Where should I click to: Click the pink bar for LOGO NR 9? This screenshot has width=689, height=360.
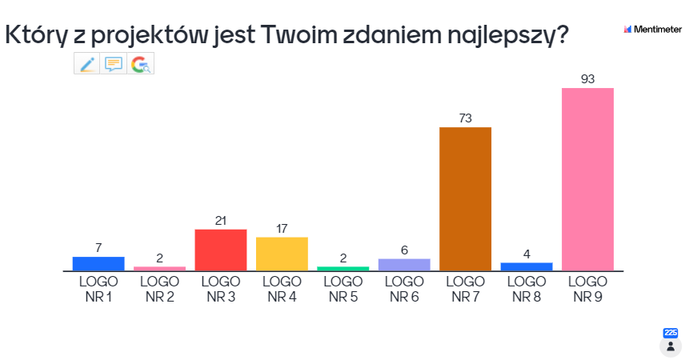(587, 179)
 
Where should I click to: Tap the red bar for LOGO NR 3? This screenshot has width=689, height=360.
(221, 250)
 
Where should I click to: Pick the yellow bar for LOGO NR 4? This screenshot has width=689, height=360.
(282, 254)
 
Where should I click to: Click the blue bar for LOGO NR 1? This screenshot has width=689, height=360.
(98, 263)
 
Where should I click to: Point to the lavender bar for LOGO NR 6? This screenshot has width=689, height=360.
(404, 265)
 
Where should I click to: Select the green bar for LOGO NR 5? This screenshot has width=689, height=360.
(343, 268)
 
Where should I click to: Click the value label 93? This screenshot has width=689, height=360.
(587, 78)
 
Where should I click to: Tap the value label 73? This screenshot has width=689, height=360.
(465, 118)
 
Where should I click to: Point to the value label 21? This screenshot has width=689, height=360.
(221, 220)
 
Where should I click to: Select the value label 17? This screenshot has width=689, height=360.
(282, 228)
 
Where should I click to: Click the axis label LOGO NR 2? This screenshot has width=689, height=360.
(159, 289)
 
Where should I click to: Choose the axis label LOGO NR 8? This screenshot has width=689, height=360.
(527, 289)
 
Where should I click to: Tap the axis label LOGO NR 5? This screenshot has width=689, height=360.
(343, 289)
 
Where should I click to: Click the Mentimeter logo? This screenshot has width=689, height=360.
(652, 30)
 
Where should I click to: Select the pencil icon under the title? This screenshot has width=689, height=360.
(87, 64)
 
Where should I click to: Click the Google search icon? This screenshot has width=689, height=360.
(141, 64)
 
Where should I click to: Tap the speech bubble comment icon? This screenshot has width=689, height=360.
(114, 64)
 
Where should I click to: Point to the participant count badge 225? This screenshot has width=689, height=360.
(671, 333)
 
